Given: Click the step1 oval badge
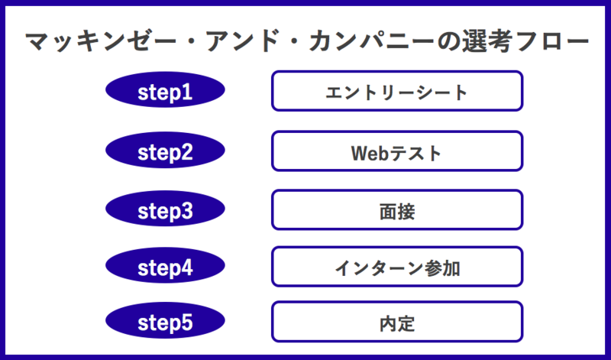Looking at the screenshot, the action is click(165, 89).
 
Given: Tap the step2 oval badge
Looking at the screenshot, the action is click(165, 150).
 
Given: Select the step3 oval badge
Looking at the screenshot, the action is click(165, 209).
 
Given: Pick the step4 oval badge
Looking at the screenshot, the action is click(165, 266).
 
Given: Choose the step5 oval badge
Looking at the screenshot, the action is click(165, 320).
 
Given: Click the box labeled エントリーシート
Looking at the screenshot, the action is click(397, 91).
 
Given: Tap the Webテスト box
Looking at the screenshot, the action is click(397, 151).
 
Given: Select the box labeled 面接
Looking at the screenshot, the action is click(397, 210).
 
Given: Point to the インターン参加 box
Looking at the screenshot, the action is click(397, 267).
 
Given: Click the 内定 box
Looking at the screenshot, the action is click(397, 322).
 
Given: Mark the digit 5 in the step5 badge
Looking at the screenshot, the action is click(186, 323).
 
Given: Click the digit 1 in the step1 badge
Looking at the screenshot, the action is click(187, 92).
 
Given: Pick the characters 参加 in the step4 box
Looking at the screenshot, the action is click(442, 268).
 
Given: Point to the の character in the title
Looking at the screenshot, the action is click(448, 42).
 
